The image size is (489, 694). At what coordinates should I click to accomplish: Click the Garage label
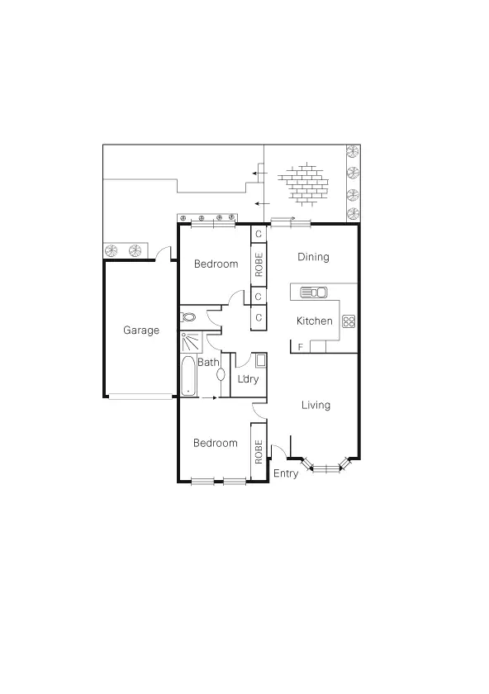click(141, 330)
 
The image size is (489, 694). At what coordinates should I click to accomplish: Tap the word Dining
click(313, 257)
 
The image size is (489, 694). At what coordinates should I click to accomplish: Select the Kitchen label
click(314, 321)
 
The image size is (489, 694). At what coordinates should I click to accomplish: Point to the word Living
click(316, 405)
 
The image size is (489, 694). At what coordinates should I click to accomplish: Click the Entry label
click(286, 474)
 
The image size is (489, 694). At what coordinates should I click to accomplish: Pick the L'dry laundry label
click(248, 380)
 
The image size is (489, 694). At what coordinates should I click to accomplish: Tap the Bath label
click(208, 363)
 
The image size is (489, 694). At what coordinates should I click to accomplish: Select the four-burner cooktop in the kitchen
click(349, 321)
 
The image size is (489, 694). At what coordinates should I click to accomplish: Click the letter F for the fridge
click(301, 346)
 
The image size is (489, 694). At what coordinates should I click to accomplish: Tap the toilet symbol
click(189, 316)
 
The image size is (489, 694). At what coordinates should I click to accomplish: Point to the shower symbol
click(192, 343)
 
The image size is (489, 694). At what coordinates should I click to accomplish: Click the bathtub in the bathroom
click(188, 377)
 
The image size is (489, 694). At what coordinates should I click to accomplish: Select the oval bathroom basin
click(221, 374)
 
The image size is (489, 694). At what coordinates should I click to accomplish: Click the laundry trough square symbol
click(260, 360)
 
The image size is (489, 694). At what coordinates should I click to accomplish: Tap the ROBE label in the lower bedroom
click(259, 451)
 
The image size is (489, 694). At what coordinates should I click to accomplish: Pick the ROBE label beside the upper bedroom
click(259, 265)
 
